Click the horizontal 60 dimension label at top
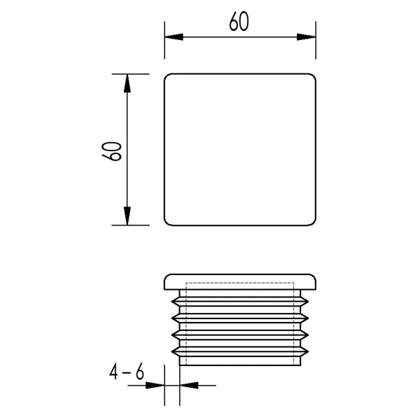239,21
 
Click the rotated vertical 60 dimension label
112,151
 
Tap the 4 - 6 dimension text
127,372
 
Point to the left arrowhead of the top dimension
174,37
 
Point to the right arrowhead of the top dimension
307,37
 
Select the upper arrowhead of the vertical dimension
127,83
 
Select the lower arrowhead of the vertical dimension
127,216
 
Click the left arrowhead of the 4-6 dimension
155,386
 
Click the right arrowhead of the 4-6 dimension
189,386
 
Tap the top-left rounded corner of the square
167,76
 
